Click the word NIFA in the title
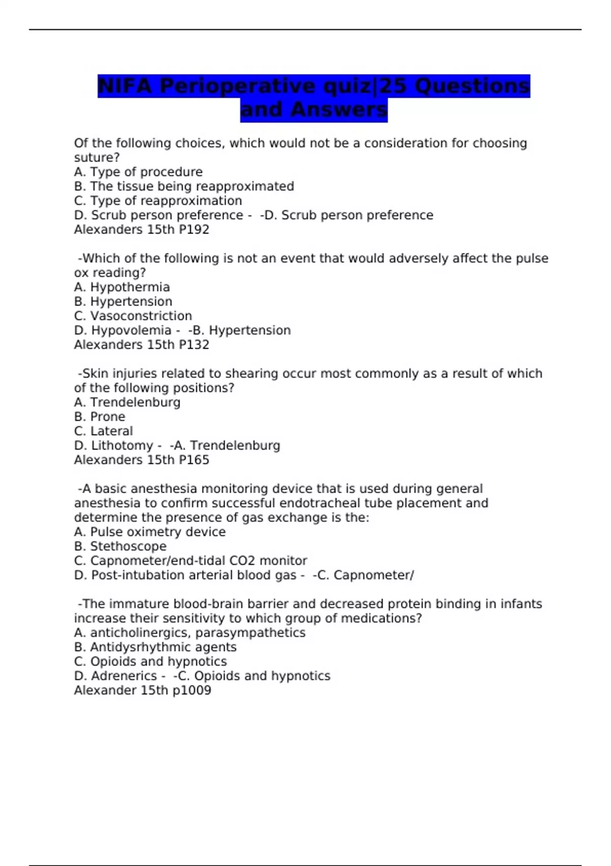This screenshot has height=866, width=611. click(x=125, y=86)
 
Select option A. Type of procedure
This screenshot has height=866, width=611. click(x=138, y=172)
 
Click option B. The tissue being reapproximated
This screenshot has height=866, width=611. click(x=184, y=186)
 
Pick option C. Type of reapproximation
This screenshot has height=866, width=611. click(x=158, y=201)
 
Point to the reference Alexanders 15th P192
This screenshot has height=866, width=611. click(x=142, y=230)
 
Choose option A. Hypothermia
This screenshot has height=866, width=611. click(x=122, y=287)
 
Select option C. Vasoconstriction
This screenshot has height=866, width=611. click(x=133, y=316)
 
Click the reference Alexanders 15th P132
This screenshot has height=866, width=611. click(x=142, y=345)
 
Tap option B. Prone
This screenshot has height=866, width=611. click(x=99, y=417)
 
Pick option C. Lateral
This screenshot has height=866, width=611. click(x=103, y=431)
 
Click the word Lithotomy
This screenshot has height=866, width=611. click(x=122, y=446)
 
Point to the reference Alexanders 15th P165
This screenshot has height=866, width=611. click(x=142, y=460)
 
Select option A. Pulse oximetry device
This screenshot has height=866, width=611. click(x=150, y=532)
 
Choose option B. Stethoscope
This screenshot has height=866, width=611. click(x=120, y=547)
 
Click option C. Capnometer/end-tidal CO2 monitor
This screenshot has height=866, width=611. click(x=190, y=561)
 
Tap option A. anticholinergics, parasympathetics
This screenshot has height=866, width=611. click(x=189, y=633)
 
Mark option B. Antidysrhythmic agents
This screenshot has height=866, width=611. click(x=155, y=647)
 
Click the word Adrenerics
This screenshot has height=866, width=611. click(x=124, y=676)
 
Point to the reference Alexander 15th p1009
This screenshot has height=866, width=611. click(x=143, y=690)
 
